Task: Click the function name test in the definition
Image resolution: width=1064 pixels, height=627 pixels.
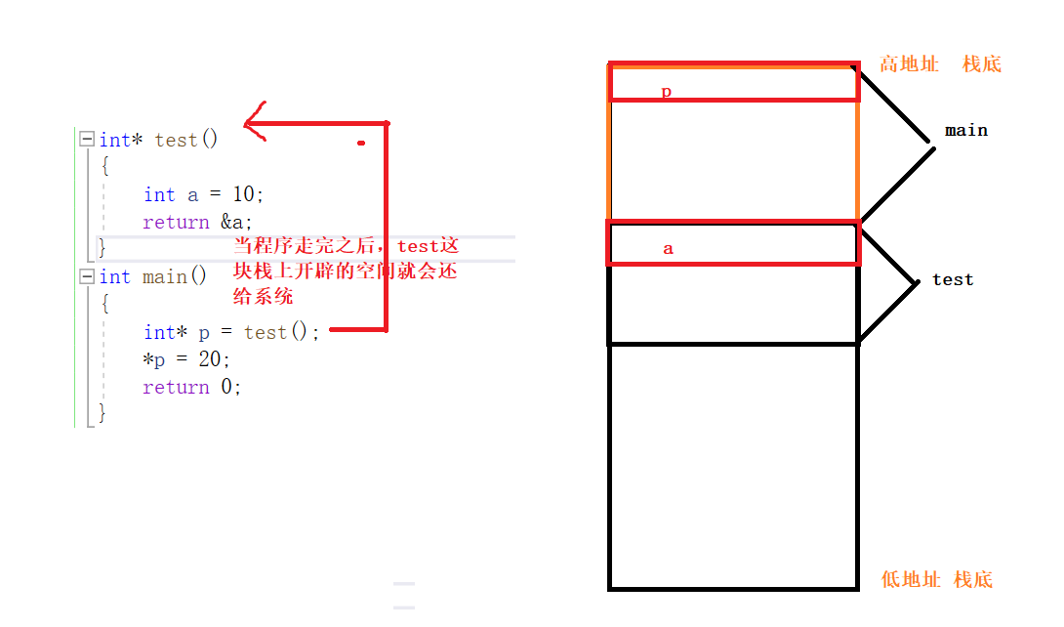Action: (176, 140)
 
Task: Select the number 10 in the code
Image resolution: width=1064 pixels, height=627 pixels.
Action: (243, 194)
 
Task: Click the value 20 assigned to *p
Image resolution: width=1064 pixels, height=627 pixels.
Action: (210, 359)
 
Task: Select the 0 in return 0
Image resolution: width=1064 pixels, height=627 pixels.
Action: (226, 387)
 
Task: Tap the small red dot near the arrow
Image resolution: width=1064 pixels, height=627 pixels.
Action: (361, 143)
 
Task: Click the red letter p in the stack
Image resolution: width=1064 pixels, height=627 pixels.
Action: (667, 92)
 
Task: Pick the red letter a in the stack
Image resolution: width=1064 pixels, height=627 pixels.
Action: (668, 248)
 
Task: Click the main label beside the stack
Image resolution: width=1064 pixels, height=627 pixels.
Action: (965, 130)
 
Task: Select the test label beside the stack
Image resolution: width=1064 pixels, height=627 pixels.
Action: (953, 279)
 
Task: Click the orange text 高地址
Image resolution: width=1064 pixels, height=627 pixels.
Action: (909, 64)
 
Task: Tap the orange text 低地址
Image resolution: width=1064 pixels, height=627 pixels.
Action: (911, 579)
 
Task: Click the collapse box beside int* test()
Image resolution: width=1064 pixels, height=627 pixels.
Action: (87, 140)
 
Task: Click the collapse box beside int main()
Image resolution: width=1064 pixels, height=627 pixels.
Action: (87, 277)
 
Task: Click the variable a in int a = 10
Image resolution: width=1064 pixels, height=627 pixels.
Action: (193, 194)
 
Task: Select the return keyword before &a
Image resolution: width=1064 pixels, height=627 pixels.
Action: (176, 223)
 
